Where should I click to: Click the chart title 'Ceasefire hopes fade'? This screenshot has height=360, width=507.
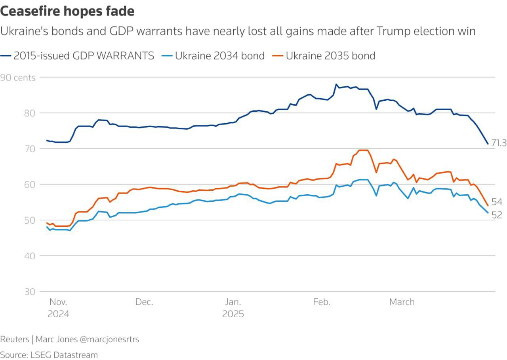click(67, 11)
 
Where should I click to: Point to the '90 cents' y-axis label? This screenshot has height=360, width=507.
click(18, 78)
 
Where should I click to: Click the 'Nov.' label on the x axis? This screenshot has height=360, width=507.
click(58, 302)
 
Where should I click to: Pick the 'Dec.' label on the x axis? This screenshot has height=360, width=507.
click(144, 302)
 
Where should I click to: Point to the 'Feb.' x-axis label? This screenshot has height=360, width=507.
click(321, 302)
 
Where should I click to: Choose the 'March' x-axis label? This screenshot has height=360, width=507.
click(402, 302)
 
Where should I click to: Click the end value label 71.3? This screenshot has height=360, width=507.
click(499, 144)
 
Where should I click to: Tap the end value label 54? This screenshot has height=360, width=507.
click(497, 202)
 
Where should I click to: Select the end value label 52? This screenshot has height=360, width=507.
click(497, 215)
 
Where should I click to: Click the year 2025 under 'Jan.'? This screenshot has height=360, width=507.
click(233, 314)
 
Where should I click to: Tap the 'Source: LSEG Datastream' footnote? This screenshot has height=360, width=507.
click(49, 354)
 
